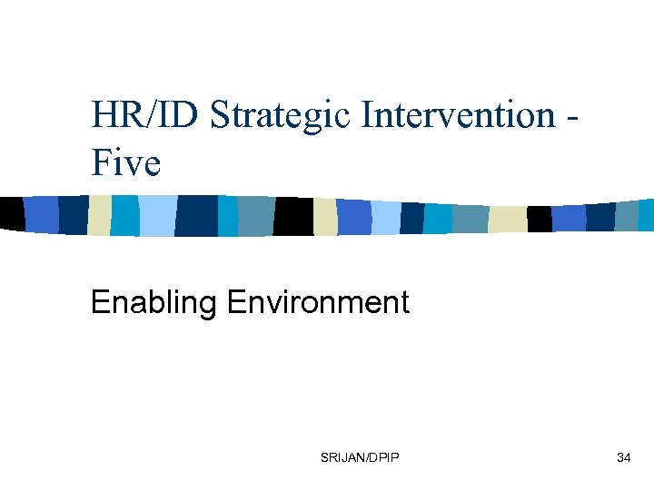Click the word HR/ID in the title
145,115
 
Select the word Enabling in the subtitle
154,302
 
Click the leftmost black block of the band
12,213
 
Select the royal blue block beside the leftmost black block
41,214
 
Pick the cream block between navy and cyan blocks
99,215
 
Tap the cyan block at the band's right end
646,215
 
